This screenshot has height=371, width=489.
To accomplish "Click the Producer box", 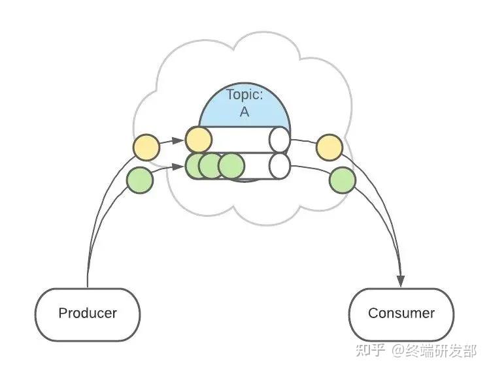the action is click(88, 314).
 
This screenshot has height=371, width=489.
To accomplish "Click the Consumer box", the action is click(401, 314).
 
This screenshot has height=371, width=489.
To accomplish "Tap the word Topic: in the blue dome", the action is click(244, 95).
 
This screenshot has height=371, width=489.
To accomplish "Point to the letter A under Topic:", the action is click(244, 112).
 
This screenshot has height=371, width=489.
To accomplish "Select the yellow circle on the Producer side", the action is click(146, 148).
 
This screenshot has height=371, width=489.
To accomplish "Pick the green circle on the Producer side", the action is click(140, 180).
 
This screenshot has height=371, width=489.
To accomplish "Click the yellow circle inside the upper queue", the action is click(199, 140).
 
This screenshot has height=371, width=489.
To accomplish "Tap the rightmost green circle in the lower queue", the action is click(231, 166).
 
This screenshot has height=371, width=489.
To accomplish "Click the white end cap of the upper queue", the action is click(279, 140).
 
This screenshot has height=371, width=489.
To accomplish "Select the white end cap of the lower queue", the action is click(279, 166).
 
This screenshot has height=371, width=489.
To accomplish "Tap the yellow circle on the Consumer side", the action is click(329, 148).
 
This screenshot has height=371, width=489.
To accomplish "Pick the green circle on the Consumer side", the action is click(343, 180).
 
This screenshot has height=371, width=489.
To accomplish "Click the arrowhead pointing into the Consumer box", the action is click(401, 281).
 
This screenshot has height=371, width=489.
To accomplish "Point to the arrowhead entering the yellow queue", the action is click(178, 140).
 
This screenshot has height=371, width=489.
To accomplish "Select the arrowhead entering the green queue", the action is click(178, 167).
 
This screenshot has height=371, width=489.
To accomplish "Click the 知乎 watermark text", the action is click(370, 351).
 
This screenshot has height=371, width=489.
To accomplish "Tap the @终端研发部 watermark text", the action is click(434, 351).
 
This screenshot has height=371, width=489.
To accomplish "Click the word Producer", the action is click(88, 313).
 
